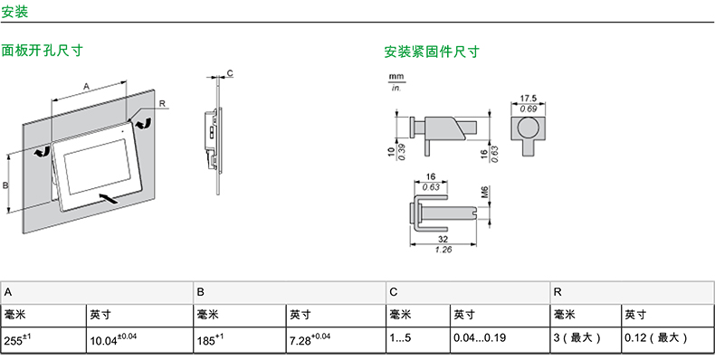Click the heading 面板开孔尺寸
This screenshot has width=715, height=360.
point(42,50)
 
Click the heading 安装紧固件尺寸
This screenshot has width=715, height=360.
point(432,52)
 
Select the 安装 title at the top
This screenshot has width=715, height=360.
point(14,12)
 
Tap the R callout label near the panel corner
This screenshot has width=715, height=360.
point(162,104)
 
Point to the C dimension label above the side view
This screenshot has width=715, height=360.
point(230,73)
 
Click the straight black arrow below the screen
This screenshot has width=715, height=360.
point(108,198)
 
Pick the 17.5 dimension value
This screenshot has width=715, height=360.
point(528,99)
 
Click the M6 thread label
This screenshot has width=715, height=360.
point(485,193)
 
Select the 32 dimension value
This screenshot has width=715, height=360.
point(443,239)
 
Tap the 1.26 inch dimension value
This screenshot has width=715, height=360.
point(443,250)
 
